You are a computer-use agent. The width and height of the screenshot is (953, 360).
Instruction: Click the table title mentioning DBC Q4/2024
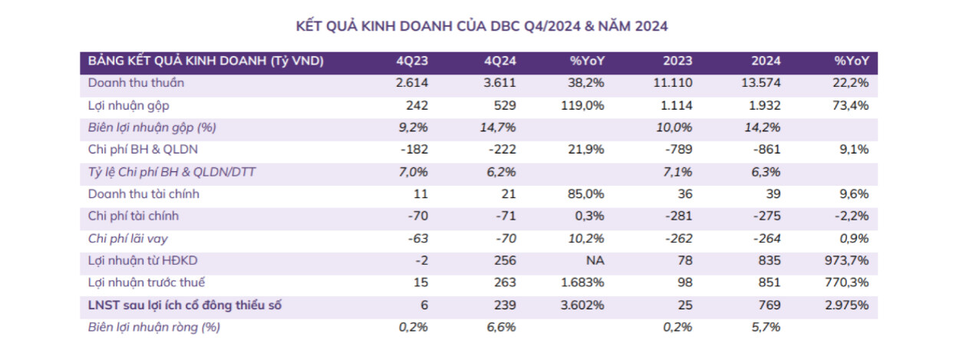point(481,26)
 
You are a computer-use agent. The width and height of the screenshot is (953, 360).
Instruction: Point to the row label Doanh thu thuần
point(136,83)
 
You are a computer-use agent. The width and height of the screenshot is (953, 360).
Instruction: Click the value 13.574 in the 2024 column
point(763,83)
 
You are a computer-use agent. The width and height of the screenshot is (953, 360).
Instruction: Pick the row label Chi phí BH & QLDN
point(143,150)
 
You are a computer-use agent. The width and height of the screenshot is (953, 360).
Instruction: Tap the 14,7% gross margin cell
point(500,127)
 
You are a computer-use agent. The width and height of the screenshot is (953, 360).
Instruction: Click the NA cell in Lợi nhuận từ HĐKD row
point(595,261)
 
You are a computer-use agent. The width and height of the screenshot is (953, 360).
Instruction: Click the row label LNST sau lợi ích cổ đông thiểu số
point(185,306)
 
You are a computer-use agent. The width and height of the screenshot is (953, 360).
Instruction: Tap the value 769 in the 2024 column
point(770,306)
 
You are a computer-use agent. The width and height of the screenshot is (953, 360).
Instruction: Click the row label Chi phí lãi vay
point(127,239)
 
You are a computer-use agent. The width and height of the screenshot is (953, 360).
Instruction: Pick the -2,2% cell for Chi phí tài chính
point(854,216)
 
